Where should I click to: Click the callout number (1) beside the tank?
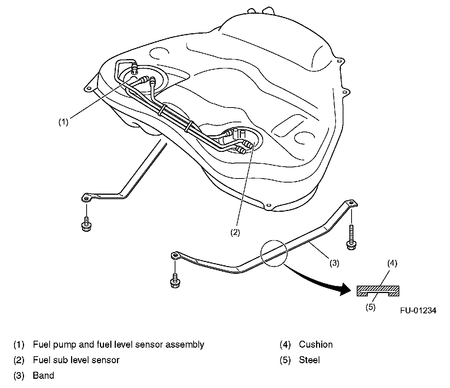[x=63, y=122]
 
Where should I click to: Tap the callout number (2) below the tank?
[x=235, y=232]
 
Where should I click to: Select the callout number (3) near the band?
[x=334, y=263]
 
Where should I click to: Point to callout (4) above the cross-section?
[x=392, y=263]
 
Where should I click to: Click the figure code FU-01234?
[x=418, y=310]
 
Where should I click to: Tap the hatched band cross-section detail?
[x=378, y=291]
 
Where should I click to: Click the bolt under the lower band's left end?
[x=175, y=281]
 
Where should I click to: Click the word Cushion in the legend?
[x=316, y=344]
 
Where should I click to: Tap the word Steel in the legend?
[x=309, y=360]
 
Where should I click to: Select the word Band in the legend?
[x=43, y=375]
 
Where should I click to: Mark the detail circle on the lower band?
[x=274, y=253]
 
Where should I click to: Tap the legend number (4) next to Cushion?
[x=286, y=344]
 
